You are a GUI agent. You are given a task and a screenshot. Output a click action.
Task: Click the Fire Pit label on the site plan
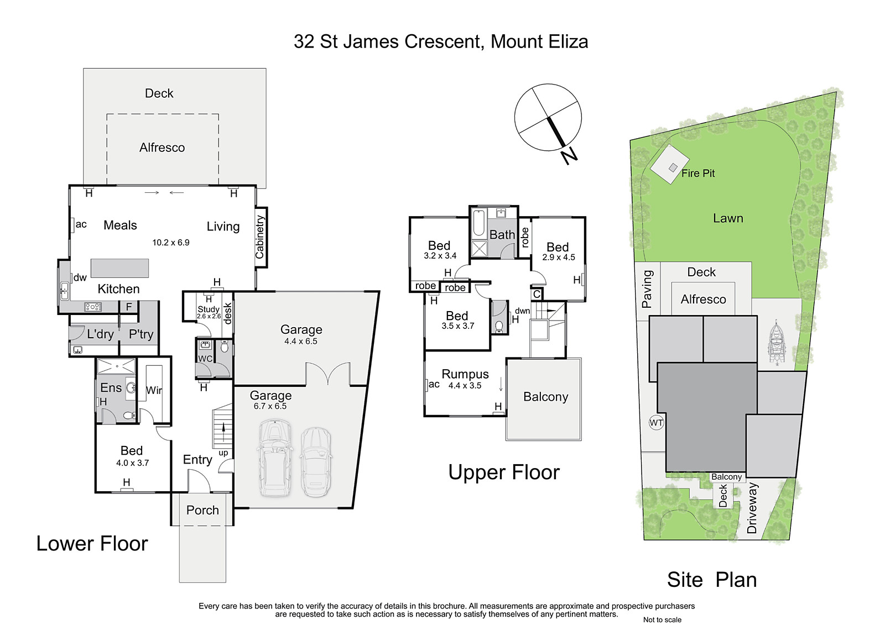tap(698, 173)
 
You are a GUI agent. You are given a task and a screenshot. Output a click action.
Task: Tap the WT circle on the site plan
tap(656, 423)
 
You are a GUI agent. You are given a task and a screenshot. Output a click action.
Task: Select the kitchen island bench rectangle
tap(119, 269)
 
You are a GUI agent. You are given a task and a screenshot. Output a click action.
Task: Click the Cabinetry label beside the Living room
tap(259, 237)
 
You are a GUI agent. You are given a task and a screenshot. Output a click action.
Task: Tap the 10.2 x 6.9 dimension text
tap(171, 243)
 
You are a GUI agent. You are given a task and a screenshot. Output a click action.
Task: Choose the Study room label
tap(208, 309)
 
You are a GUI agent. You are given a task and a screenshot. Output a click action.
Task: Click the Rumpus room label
tap(465, 374)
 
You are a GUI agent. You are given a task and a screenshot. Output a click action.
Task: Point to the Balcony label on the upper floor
tap(545, 396)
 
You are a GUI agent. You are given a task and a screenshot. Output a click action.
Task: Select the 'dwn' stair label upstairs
tap(522, 311)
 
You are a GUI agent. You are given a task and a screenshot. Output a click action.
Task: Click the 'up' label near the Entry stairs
tap(223, 453)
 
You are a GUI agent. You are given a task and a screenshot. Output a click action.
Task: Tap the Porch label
tap(202, 510)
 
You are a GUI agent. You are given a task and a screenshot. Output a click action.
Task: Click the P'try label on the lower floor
tap(141, 334)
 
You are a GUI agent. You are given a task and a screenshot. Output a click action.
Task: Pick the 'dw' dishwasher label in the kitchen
tap(80, 277)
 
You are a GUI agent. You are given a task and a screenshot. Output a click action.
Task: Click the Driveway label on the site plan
tap(752, 508)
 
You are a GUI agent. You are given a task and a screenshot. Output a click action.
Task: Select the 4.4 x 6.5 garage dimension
tap(301, 341)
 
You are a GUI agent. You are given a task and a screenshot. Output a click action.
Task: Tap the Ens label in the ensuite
tap(111, 388)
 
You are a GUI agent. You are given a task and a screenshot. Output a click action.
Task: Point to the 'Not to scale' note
tap(662, 620)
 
